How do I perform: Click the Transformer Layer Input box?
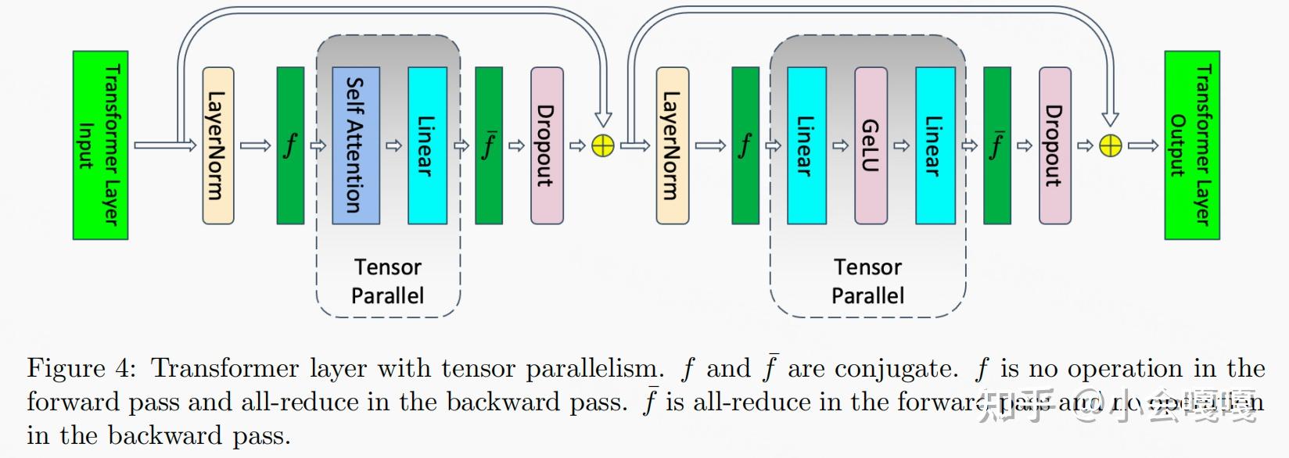100,145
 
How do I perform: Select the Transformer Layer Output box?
1191,145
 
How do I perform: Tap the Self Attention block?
356,145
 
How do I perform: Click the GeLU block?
871,145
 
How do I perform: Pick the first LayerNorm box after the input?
217,145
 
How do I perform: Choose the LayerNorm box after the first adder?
672,145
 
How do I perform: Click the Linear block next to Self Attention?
427,145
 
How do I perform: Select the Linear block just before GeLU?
806,145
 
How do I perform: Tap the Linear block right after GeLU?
935,145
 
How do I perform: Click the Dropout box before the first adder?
547,145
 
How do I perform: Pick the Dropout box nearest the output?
1054,145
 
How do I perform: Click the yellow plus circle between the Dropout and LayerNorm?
603,146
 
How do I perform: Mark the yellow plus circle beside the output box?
1111,146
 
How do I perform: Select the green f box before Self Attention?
290,145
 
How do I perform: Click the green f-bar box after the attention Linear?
489,145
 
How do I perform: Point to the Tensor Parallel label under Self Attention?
387,281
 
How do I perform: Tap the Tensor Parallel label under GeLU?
867,281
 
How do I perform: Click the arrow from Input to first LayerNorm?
164,145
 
